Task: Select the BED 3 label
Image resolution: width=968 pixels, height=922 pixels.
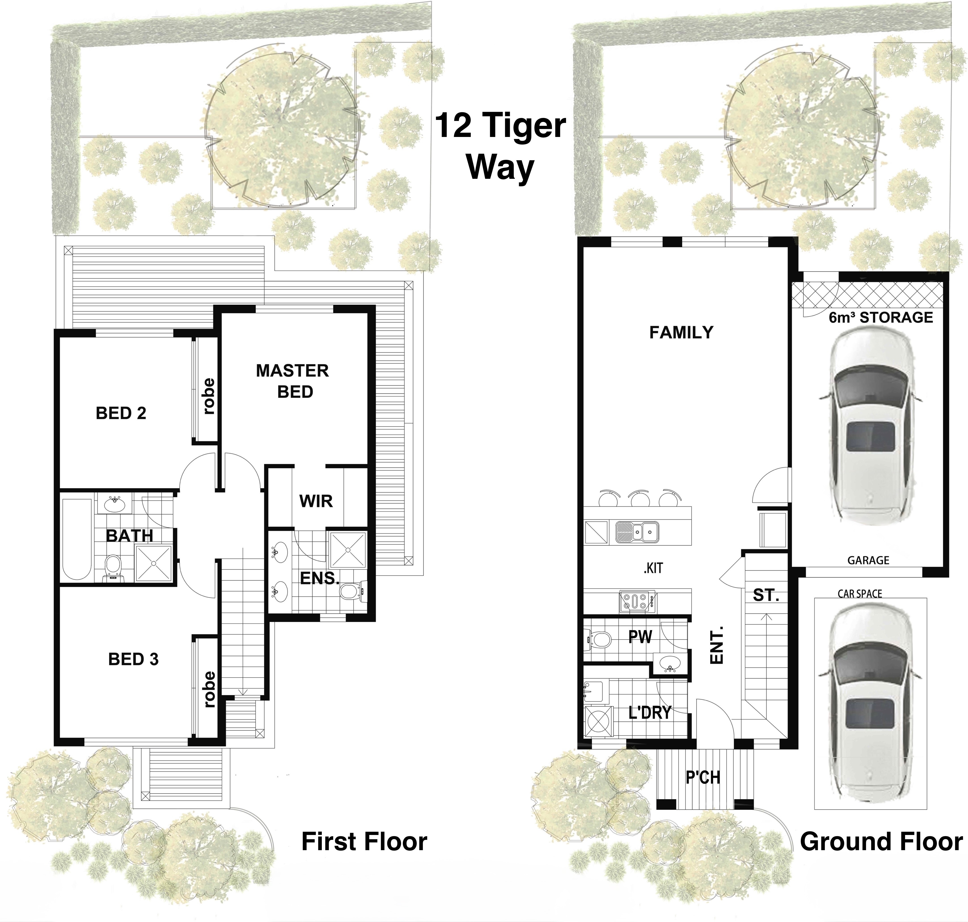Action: (x=133, y=659)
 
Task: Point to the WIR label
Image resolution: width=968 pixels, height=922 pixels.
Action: (x=316, y=501)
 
